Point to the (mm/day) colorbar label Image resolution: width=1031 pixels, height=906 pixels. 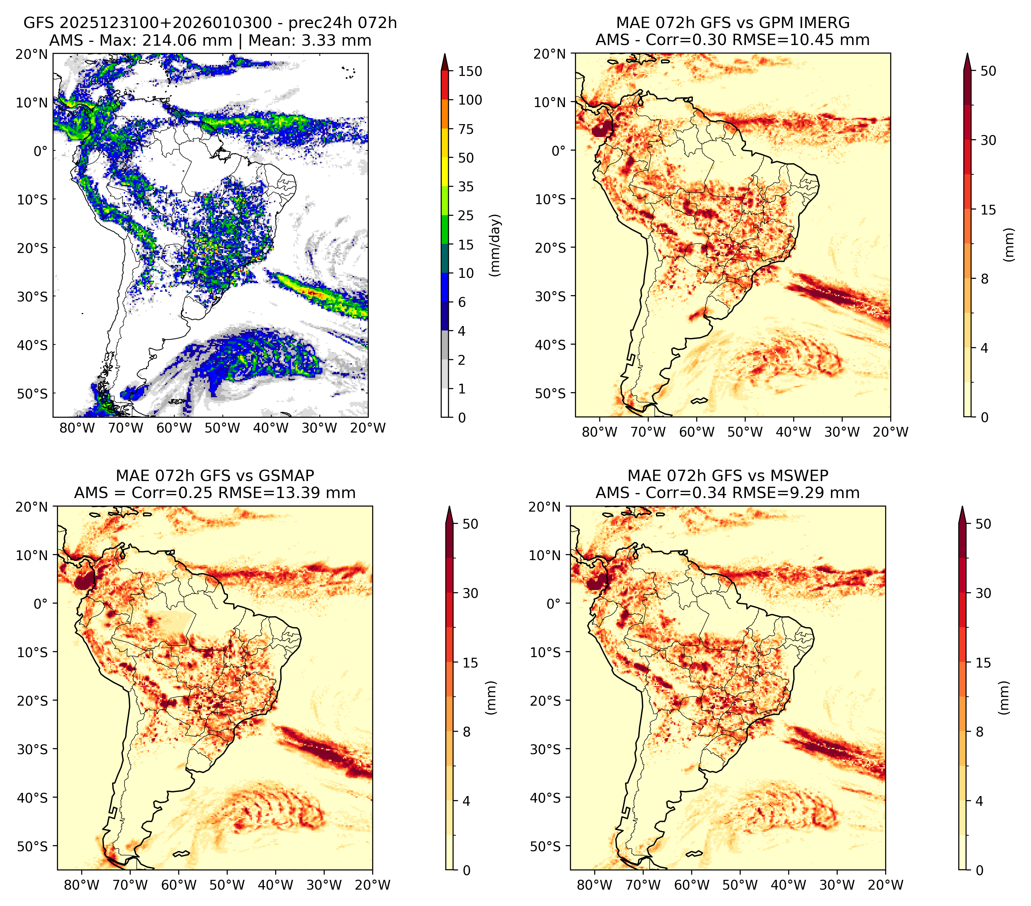pyautogui.click(x=496, y=245)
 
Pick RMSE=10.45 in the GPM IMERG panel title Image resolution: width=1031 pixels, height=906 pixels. pyautogui.click(x=791, y=40)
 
